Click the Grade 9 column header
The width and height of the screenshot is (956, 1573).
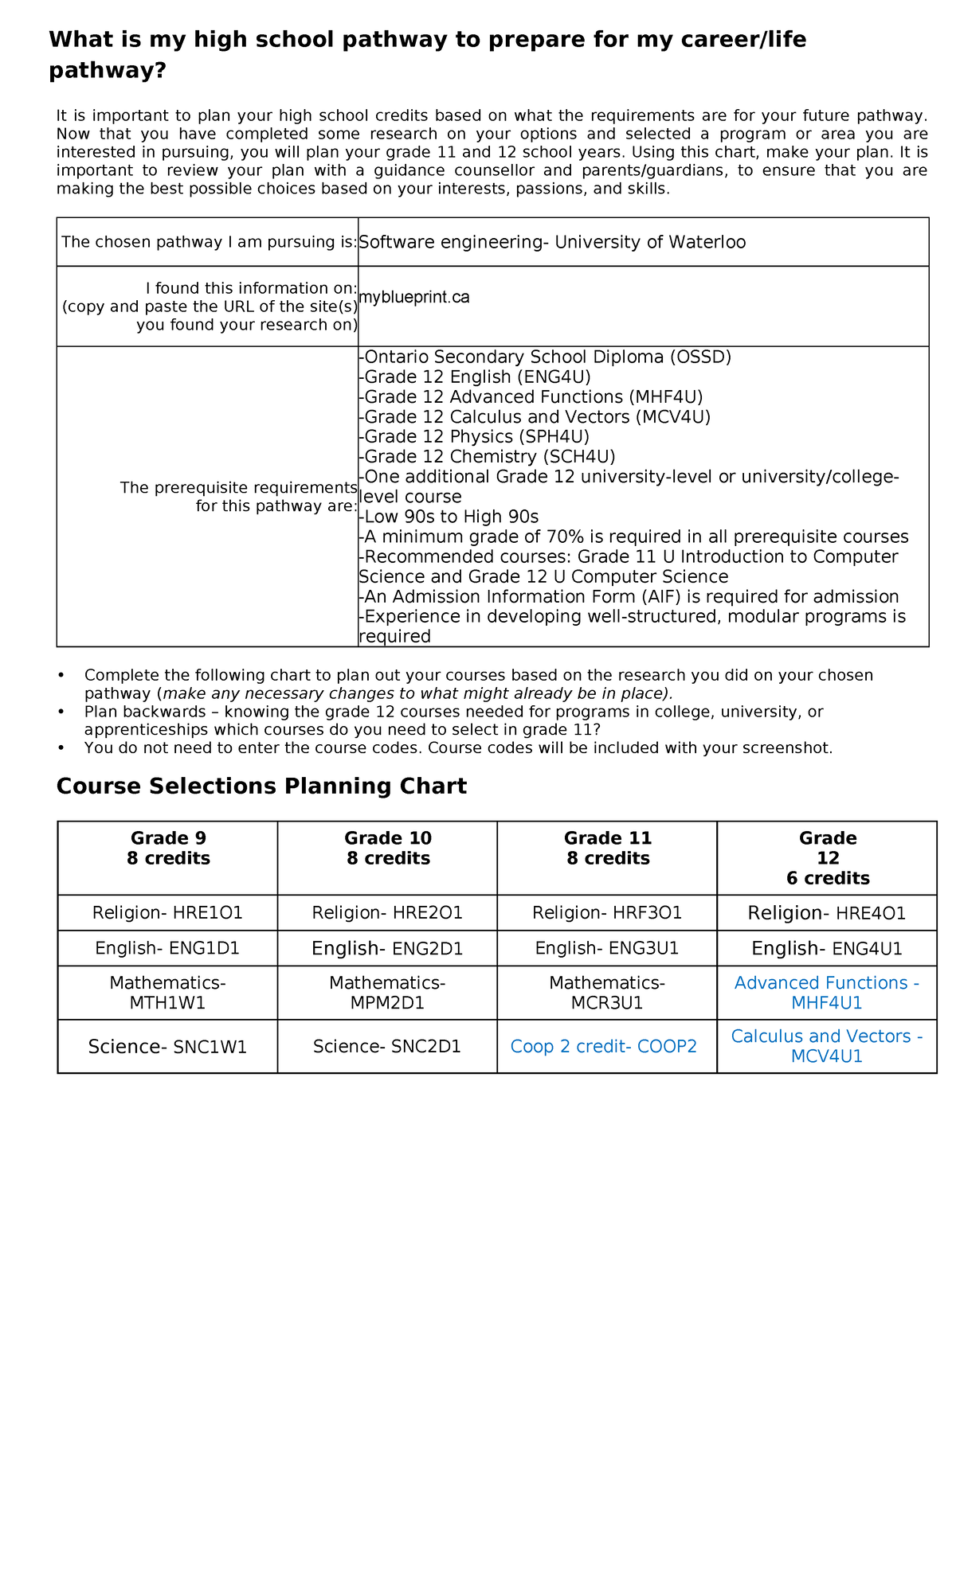pyautogui.click(x=168, y=848)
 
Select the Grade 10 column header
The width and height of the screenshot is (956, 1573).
pyautogui.click(x=388, y=848)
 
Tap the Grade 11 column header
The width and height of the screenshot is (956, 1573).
pyautogui.click(x=608, y=848)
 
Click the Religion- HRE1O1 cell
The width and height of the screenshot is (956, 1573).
pyautogui.click(x=167, y=912)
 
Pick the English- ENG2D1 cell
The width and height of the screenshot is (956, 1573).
pyautogui.click(x=387, y=948)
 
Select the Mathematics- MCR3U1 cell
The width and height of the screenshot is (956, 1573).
pyautogui.click(x=607, y=993)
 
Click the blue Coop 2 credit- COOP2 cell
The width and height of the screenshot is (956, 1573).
pyautogui.click(x=603, y=1046)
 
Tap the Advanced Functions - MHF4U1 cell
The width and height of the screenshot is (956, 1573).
pyautogui.click(x=826, y=993)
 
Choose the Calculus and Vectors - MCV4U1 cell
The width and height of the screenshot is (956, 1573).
pyautogui.click(x=826, y=1046)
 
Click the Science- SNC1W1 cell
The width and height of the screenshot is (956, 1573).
pyautogui.click(x=167, y=1046)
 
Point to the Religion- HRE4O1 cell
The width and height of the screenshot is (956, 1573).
pyautogui.click(x=826, y=912)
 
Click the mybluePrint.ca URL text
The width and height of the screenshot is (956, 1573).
pyautogui.click(x=414, y=297)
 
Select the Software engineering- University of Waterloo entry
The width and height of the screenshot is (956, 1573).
pyautogui.click(x=552, y=242)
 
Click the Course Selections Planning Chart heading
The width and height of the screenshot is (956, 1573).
pyautogui.click(x=261, y=786)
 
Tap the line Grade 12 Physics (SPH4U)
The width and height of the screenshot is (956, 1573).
pyautogui.click(x=475, y=436)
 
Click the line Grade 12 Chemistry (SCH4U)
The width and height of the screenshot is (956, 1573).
pyautogui.click(x=488, y=456)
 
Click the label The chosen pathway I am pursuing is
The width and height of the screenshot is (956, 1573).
pyautogui.click(x=209, y=242)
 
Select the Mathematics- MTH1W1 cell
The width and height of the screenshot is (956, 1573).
pyautogui.click(x=167, y=993)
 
